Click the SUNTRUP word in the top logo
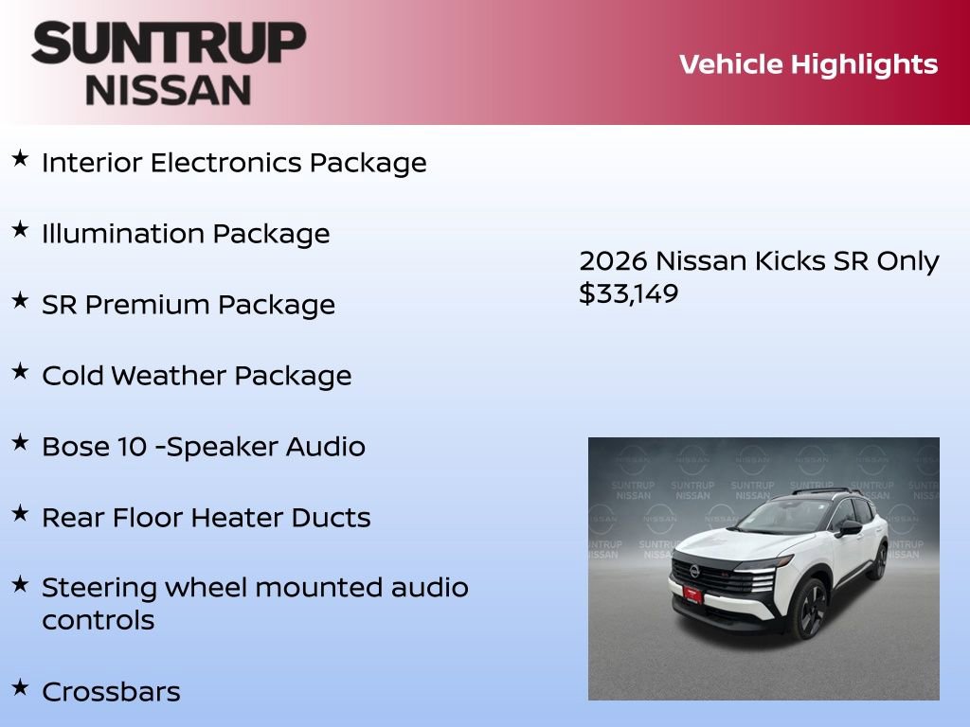click(x=169, y=44)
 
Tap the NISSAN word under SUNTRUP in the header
click(x=169, y=89)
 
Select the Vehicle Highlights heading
click(x=808, y=64)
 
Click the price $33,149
click(x=628, y=293)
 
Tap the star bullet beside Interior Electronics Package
click(x=20, y=158)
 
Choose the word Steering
click(x=99, y=588)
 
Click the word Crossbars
click(x=111, y=691)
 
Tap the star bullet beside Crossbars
click(x=20, y=686)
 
